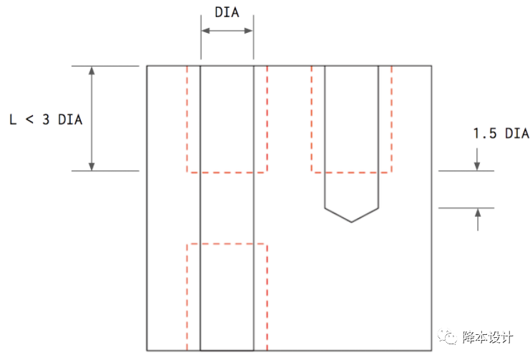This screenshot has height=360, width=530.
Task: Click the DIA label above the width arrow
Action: tap(227, 12)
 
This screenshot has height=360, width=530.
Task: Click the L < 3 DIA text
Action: tap(46, 120)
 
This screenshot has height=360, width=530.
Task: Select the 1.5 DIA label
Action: tap(501, 133)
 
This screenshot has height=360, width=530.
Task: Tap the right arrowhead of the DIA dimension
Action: tap(249, 31)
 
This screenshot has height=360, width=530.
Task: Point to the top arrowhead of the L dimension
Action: tap(92, 71)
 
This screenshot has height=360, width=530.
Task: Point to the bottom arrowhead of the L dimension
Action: tap(92, 167)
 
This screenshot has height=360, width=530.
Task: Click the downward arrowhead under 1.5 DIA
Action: tap(477, 166)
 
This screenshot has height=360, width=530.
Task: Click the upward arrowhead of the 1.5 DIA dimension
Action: tap(478, 213)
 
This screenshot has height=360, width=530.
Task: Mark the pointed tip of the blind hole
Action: tap(351, 223)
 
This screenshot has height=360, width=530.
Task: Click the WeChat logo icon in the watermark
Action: tap(448, 336)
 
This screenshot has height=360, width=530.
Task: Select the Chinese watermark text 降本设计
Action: tap(487, 337)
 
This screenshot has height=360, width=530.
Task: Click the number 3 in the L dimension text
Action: tap(46, 120)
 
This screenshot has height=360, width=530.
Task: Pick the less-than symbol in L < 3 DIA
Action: tap(30, 119)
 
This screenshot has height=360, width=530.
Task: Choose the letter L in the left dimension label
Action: tap(13, 120)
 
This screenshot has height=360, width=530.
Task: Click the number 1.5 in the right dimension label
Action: tap(485, 133)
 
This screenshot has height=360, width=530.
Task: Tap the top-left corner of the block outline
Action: tap(147, 66)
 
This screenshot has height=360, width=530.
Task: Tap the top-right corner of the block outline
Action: tap(431, 66)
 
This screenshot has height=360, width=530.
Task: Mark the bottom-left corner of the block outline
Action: tap(147, 351)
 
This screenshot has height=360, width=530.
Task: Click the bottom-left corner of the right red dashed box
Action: tap(312, 172)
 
